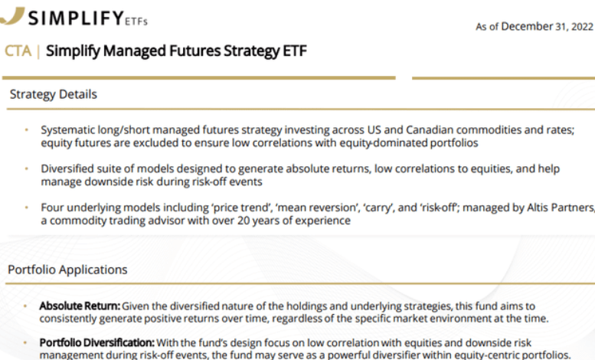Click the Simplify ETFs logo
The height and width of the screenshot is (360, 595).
pos(76,17)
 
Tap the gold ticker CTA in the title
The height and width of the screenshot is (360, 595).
pos(18,51)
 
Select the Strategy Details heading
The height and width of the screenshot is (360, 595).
pos(54,95)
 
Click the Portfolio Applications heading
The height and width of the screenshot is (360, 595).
pos(67,270)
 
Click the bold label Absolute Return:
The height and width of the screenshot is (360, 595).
pos(79,306)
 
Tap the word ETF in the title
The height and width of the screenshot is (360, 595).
pos(294,51)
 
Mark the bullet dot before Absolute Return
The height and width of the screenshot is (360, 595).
pos(30,306)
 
